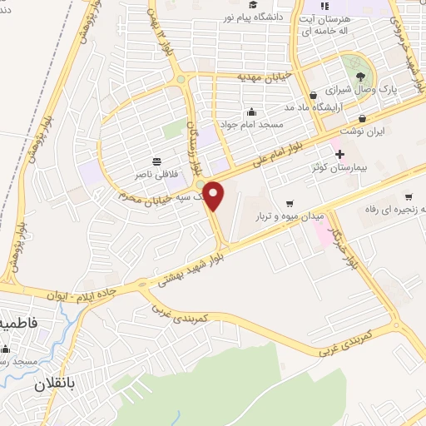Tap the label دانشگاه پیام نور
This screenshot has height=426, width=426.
260,16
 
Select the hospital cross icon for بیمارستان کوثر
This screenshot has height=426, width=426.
339,153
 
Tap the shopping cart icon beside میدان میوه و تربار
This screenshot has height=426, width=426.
290,203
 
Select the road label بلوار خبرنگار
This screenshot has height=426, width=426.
343,237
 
